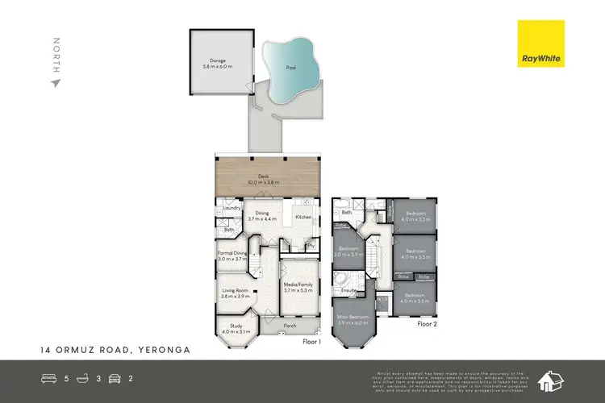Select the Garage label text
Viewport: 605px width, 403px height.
[218, 60]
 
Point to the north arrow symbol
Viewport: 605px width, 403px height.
[56, 81]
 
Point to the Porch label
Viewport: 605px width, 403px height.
[289, 326]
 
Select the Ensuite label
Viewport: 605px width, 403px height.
[349, 289]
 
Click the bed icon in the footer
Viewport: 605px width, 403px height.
[48, 377]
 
